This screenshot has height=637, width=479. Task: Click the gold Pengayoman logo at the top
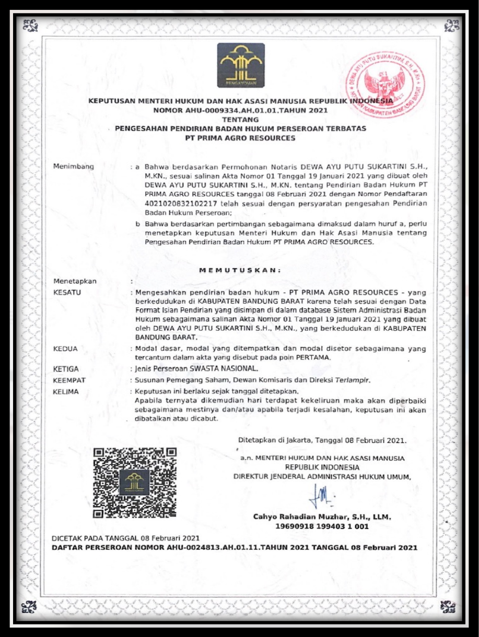pyautogui.click(x=240, y=65)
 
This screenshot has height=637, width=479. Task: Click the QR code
pyautogui.click(x=134, y=482)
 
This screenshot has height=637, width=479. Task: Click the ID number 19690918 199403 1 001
pyautogui.click(x=322, y=526)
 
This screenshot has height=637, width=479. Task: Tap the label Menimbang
pyautogui.click(x=74, y=166)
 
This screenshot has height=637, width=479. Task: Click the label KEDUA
pyautogui.click(x=66, y=348)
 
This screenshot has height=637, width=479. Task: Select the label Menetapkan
pyautogui.click(x=75, y=282)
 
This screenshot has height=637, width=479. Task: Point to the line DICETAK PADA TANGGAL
pyautogui.click(x=125, y=538)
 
